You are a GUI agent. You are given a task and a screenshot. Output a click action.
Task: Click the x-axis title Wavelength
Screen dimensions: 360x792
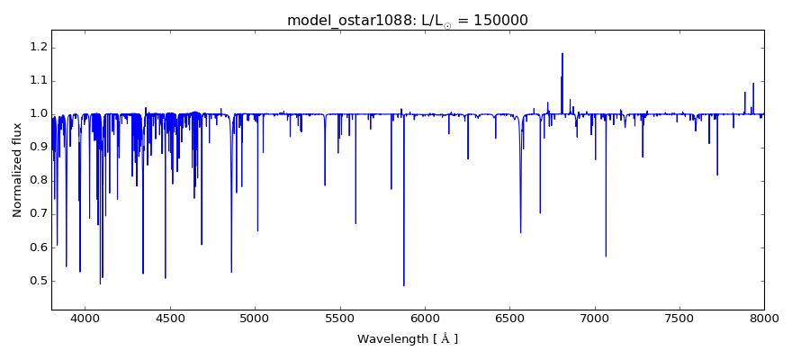tap(407, 339)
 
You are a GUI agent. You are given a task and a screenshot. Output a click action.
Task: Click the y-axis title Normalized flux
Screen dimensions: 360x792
tap(17, 169)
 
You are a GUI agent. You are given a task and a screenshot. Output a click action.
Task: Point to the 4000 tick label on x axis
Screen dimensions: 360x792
tap(85, 318)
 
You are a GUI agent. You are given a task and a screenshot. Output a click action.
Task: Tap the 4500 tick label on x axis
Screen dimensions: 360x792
tap(170, 318)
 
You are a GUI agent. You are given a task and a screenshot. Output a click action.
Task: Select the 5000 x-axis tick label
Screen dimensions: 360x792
tap(255, 318)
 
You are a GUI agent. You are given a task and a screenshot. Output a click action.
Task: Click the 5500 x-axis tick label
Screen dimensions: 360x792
tap(339, 318)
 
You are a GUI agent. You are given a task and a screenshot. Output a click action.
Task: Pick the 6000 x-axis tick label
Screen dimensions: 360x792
tap(425, 318)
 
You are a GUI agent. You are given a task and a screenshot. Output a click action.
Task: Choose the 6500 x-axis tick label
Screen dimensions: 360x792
tap(509, 318)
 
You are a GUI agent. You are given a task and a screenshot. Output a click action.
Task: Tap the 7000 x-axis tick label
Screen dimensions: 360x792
tap(595, 318)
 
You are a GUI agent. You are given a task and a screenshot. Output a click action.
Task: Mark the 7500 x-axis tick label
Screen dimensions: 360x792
tap(679, 318)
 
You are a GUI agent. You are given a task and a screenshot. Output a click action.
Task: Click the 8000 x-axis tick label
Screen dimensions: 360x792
tap(764, 318)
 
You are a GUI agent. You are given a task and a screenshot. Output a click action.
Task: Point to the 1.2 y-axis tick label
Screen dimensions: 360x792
tap(36, 48)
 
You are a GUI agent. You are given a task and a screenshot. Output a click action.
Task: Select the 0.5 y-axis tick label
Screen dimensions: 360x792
tap(36, 281)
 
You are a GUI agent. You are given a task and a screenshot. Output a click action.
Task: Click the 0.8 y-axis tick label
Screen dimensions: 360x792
tap(36, 181)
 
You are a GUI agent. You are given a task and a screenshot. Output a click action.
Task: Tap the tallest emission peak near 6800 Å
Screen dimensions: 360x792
tap(562, 53)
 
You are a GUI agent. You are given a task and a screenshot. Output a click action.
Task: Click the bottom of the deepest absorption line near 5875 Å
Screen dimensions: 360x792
tap(403, 285)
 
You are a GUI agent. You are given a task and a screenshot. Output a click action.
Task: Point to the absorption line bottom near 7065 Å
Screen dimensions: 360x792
tap(606, 256)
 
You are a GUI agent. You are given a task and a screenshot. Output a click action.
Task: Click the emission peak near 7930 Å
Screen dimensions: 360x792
tap(753, 84)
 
